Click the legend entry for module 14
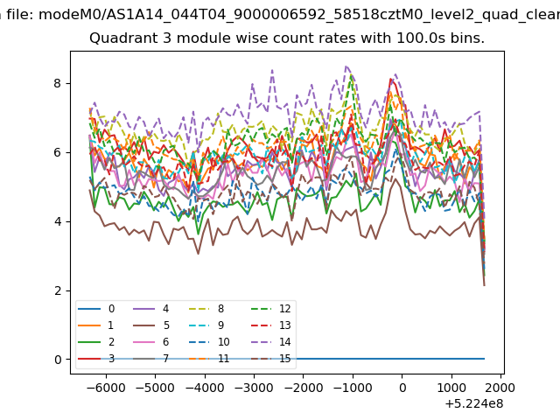click(271, 342)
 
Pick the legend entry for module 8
click(206, 309)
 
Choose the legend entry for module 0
click(96, 309)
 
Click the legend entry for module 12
click(271, 309)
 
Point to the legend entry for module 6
click(151, 342)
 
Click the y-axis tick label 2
click(58, 290)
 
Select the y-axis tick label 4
click(58, 221)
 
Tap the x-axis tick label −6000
click(106, 388)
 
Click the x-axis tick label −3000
click(254, 388)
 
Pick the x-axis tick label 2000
click(501, 388)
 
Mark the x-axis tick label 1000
click(451, 388)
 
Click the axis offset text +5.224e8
click(474, 404)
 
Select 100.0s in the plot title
click(421, 38)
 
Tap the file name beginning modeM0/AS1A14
click(299, 15)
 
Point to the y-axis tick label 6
click(58, 152)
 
